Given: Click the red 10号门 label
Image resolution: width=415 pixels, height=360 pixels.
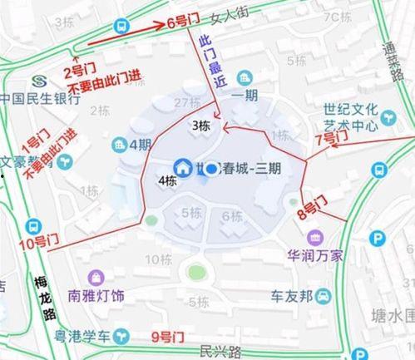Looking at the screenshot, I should [33, 243].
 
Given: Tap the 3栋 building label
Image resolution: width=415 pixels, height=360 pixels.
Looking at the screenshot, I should [201, 126].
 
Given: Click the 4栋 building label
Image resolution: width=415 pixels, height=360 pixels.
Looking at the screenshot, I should [167, 180].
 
